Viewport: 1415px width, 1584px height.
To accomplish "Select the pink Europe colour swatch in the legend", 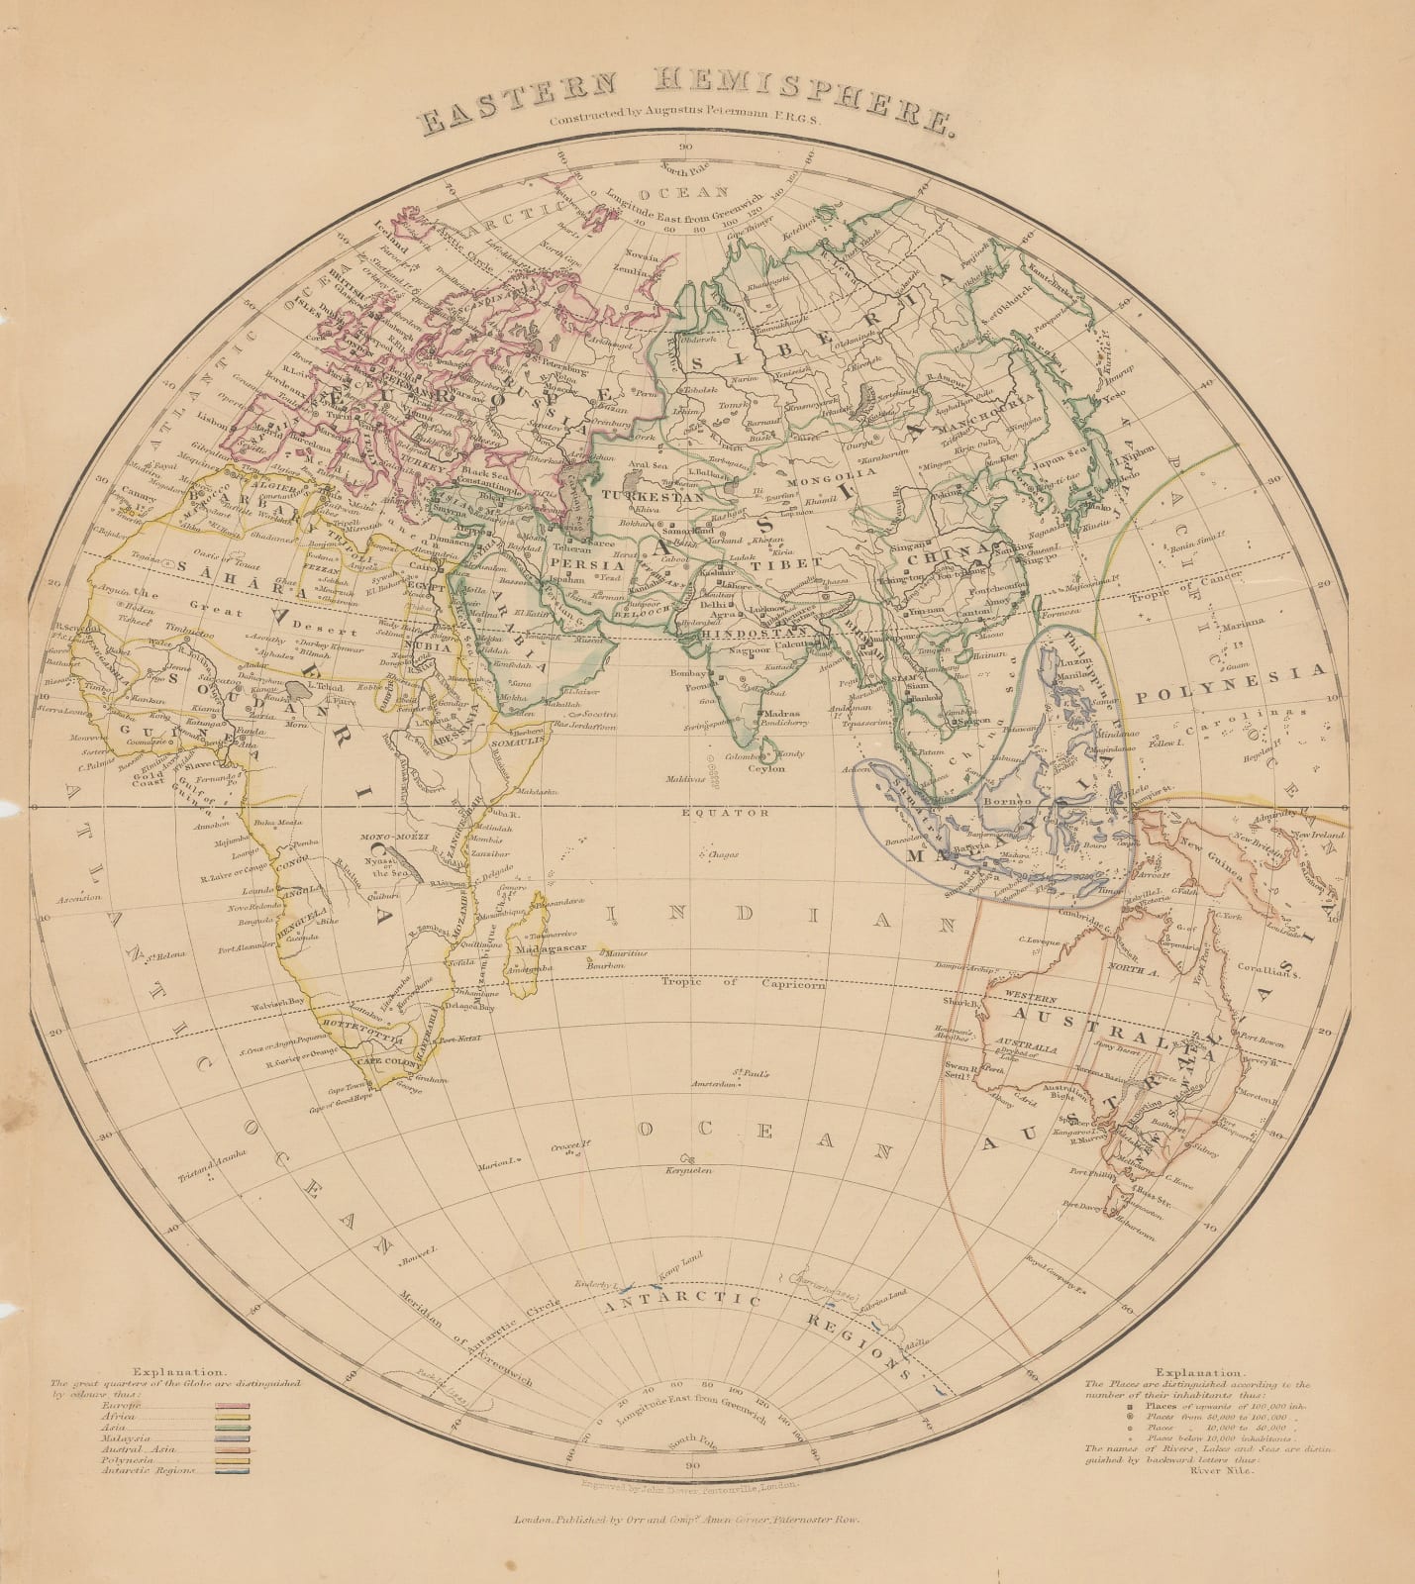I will coord(235,1406).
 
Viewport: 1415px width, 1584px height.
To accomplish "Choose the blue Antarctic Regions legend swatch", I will coord(235,1471).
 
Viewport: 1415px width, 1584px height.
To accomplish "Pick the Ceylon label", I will coord(765,768).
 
